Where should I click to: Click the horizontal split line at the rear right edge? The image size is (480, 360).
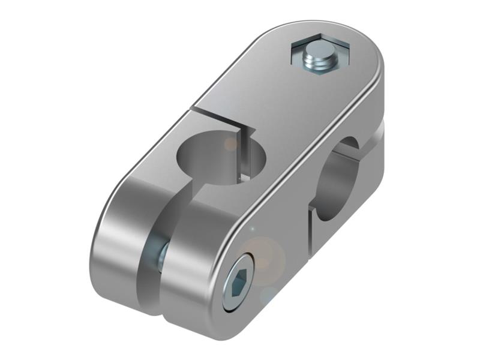point(379,123)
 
